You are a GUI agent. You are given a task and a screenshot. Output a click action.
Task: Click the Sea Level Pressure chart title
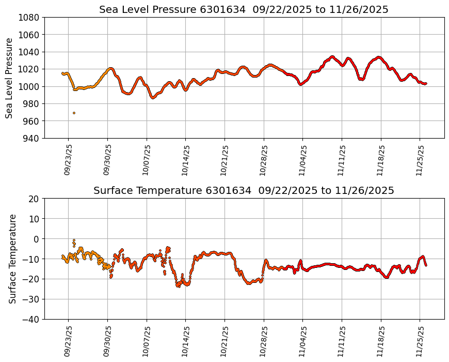pos(244,9)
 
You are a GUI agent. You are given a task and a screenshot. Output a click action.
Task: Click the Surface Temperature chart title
pos(244,190)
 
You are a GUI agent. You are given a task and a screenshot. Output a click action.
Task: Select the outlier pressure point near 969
pos(74,113)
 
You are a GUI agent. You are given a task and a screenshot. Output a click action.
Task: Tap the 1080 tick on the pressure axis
pos(30,17)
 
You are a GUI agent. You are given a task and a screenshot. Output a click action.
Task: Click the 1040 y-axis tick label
pos(30,52)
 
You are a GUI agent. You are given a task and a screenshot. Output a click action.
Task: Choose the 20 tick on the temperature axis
pos(35,199)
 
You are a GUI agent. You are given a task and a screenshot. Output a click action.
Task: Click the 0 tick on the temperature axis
pos(37,239)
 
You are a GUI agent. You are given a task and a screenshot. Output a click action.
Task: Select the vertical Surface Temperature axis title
pos(12,259)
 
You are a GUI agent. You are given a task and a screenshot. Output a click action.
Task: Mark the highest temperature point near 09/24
pos(74,240)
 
